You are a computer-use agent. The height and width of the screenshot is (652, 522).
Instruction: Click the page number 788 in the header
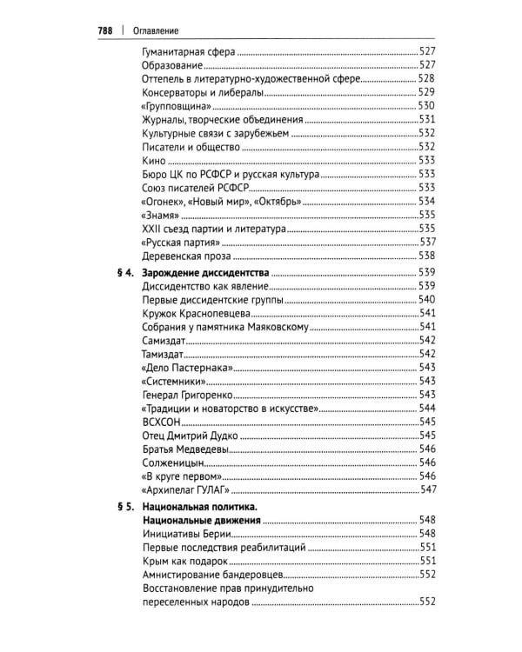[x=104, y=30]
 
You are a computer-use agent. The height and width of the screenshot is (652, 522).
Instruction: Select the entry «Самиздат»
[x=164, y=340]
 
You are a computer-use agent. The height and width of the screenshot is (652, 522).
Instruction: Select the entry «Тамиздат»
[x=163, y=354]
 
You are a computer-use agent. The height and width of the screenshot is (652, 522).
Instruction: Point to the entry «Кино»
[x=152, y=160]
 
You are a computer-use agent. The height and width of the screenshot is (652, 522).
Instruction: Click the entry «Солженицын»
[x=171, y=463]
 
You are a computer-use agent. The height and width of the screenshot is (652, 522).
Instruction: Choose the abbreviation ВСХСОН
[x=161, y=422]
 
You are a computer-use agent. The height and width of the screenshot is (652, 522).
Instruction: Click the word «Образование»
[x=172, y=65]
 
